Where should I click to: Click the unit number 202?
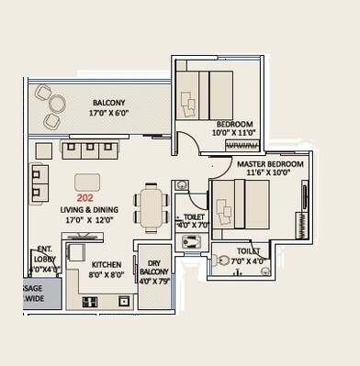85,196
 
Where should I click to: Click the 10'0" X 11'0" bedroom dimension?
235,133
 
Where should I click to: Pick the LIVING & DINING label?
92,209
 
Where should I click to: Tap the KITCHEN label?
107,262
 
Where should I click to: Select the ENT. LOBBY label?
45,254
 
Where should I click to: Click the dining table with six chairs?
152,209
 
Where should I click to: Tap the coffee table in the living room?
88,181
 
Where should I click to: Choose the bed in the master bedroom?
242,205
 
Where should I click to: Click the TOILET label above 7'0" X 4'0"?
248,250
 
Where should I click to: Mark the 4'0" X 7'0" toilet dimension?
194,224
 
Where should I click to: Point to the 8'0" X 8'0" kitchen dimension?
107,274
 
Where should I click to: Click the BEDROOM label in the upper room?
235,123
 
